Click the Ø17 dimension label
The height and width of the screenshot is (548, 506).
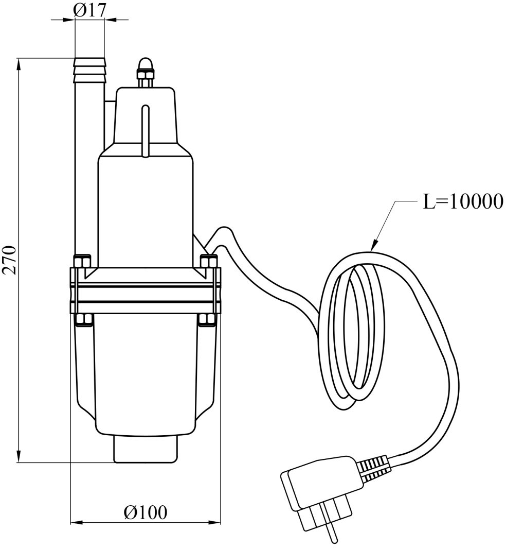click(x=90, y=10)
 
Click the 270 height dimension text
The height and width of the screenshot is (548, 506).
click(x=11, y=260)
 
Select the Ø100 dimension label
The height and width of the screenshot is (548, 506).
click(x=145, y=512)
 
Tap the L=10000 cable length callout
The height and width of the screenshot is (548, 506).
click(x=462, y=201)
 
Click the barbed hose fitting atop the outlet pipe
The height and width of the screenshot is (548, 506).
click(x=90, y=71)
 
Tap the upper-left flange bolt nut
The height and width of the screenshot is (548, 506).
click(x=81, y=261)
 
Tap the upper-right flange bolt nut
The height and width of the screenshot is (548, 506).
click(x=208, y=261)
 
